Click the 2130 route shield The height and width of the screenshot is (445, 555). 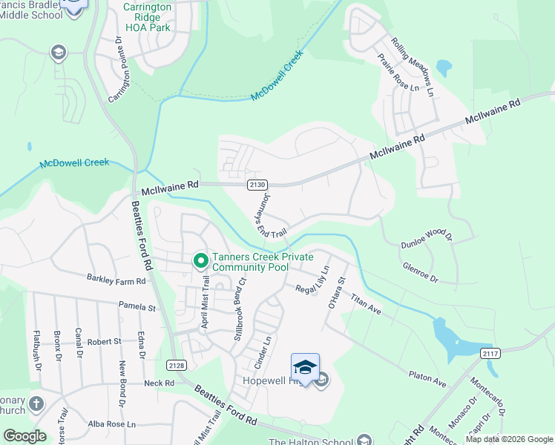[254, 184]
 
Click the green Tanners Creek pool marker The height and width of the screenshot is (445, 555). [200, 260]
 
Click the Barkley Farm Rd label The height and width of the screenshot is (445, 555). [116, 280]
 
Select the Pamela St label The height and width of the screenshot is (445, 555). [139, 306]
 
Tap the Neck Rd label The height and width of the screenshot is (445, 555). [159, 383]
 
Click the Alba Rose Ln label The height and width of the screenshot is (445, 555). [112, 424]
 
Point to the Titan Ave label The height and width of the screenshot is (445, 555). [367, 303]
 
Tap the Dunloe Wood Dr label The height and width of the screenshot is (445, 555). [426, 235]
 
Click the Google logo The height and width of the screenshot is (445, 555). [25, 436]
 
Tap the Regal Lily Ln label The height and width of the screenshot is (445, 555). [312, 280]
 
